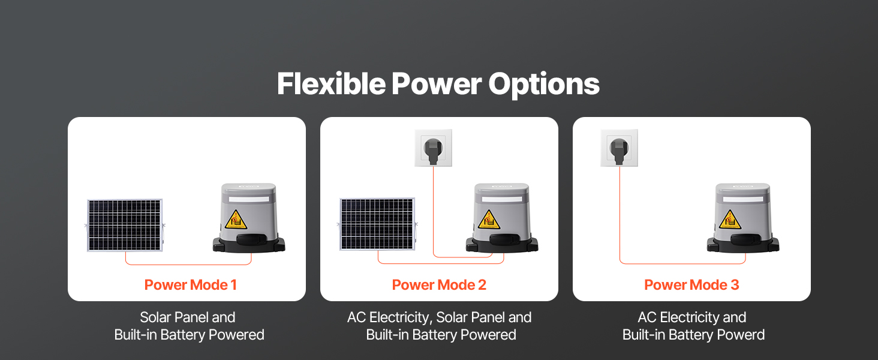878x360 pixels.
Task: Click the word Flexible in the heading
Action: [x=331, y=83]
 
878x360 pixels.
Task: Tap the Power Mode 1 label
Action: [x=191, y=285]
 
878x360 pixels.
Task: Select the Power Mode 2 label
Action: [x=439, y=285]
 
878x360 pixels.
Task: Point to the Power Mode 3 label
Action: [x=691, y=285]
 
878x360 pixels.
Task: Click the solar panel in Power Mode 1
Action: [x=125, y=225]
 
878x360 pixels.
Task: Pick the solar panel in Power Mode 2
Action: [x=377, y=224]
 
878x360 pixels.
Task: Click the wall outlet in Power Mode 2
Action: [x=433, y=148]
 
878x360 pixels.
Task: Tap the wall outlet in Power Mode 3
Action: [x=619, y=148]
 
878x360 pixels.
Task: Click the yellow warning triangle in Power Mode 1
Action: [x=236, y=220]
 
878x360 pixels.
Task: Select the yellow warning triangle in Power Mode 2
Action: [x=488, y=220]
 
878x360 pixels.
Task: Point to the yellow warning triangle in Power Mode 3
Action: [x=729, y=220]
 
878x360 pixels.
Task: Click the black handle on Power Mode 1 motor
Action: [x=250, y=239]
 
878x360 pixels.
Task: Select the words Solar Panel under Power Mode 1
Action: [x=172, y=317]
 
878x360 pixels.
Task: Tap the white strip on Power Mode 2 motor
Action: [x=502, y=199]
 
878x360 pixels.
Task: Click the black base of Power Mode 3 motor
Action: [x=743, y=244]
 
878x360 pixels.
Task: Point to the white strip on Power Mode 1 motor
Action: [x=249, y=199]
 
